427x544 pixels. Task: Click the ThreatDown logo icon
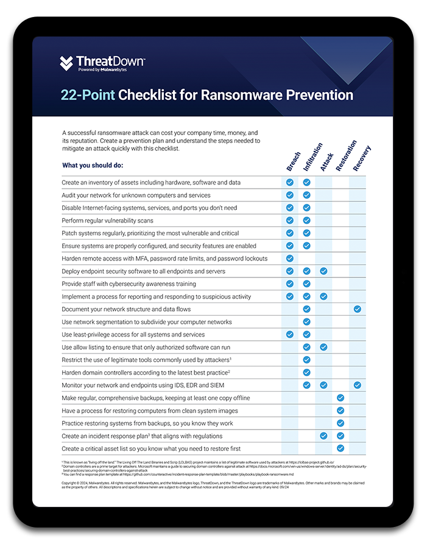[66, 64]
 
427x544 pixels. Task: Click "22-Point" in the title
[87, 95]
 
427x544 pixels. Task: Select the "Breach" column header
[293, 161]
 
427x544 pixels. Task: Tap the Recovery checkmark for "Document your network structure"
[358, 309]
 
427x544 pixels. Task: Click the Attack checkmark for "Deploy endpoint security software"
[323, 271]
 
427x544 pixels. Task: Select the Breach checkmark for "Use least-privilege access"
[290, 334]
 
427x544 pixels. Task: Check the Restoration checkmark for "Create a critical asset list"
[341, 448]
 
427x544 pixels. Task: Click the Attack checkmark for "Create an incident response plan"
[323, 436]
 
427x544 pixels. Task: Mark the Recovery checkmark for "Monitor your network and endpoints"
[358, 385]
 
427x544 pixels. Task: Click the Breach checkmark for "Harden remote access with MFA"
[290, 258]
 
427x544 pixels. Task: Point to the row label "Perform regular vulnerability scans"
[107, 220]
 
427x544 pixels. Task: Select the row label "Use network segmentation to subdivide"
[146, 322]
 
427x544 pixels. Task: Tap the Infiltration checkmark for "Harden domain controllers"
[307, 372]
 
